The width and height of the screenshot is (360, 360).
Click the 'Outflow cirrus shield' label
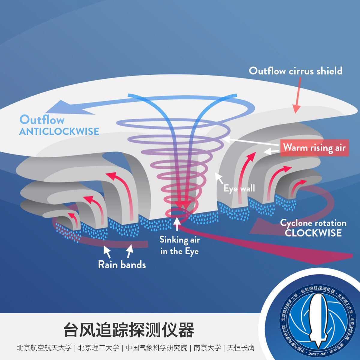[295, 71]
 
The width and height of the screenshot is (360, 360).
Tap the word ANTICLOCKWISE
[59, 131]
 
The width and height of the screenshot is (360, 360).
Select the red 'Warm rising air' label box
[314, 148]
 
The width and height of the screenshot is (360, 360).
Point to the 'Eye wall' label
[239, 188]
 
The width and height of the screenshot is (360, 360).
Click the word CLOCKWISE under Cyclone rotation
[313, 233]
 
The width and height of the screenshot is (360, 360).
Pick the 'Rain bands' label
[122, 265]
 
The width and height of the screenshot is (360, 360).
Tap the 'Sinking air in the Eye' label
[179, 245]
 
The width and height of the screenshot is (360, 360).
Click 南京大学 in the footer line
[207, 348]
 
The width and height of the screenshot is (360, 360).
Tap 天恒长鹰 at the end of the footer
[241, 348]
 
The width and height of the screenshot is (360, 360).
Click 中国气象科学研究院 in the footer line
[156, 348]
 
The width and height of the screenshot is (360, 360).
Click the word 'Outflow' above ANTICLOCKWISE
[42, 120]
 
